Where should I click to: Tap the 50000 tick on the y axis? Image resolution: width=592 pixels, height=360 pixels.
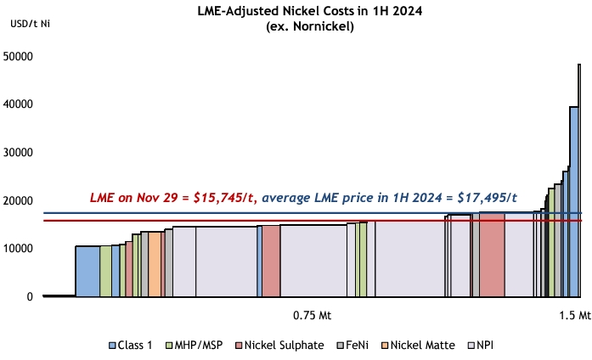point(18,57)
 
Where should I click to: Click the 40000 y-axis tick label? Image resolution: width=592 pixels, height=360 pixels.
point(18,104)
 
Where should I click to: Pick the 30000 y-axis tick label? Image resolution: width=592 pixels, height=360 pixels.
point(18,153)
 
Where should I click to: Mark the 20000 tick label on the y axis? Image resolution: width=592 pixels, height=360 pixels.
point(18,201)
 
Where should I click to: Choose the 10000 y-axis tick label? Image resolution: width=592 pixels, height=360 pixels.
point(18,249)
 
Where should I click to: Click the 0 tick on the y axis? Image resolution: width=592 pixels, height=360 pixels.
point(30,297)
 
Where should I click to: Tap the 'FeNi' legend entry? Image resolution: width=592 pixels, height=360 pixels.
point(358,346)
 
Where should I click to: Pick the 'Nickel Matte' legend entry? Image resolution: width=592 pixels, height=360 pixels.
point(420,346)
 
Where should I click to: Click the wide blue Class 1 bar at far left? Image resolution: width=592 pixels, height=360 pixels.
point(87,271)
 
